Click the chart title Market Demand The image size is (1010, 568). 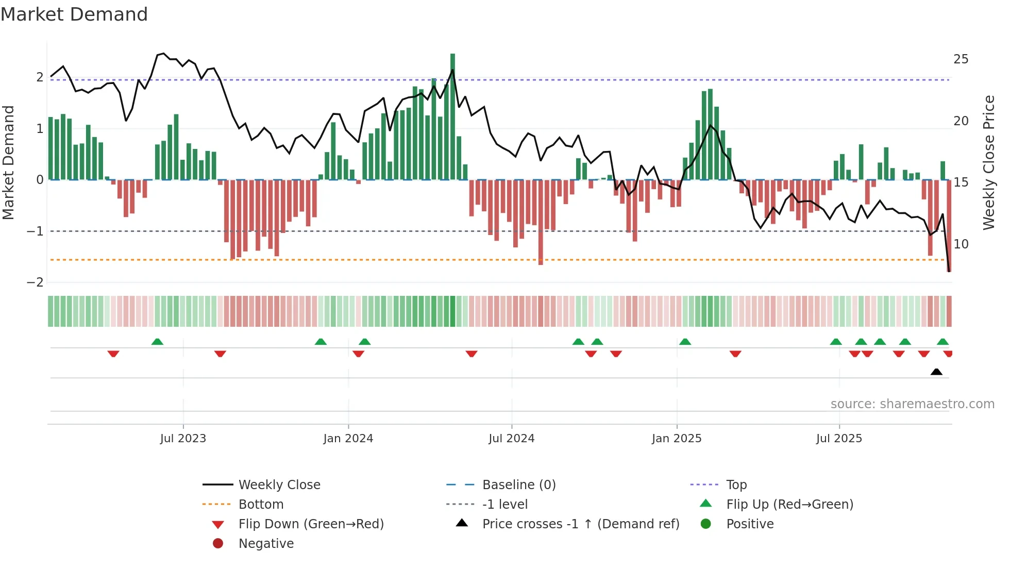(74, 14)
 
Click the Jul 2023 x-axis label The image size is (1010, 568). (183, 439)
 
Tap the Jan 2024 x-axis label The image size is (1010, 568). (348, 439)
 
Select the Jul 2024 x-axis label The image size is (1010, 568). (511, 439)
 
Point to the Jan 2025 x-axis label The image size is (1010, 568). (676, 439)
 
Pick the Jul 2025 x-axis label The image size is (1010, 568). (839, 439)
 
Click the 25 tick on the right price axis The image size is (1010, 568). (961, 59)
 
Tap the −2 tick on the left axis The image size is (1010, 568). (35, 282)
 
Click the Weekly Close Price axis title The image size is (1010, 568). (988, 162)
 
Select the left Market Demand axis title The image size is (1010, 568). (8, 162)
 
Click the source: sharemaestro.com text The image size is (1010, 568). (912, 404)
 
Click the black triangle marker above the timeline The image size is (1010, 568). (936, 372)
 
